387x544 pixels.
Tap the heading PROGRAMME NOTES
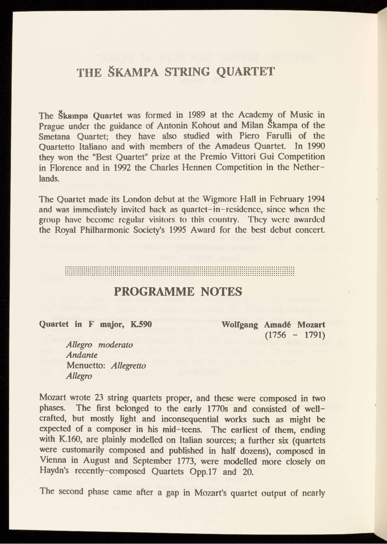(179, 291)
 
